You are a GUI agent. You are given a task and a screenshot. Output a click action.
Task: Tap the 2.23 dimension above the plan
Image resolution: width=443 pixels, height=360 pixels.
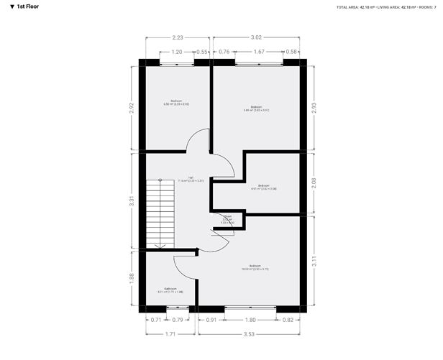(x=176, y=37)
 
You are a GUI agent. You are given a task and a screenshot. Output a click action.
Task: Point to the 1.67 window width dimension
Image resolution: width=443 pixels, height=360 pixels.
(x=260, y=52)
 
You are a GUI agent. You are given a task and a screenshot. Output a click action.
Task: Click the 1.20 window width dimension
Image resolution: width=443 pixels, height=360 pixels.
(x=176, y=52)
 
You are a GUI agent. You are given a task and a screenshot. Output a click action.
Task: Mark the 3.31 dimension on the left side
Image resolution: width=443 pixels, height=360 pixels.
(x=130, y=203)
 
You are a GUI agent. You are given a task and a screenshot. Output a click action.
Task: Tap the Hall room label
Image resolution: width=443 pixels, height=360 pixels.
(x=191, y=179)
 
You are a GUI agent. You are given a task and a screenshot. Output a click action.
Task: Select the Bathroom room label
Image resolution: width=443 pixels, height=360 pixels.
(x=170, y=290)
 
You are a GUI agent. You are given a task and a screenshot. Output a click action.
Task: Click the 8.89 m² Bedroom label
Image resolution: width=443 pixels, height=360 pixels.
(x=255, y=109)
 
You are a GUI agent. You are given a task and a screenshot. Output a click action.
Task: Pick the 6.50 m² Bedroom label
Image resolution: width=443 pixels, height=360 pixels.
(x=176, y=103)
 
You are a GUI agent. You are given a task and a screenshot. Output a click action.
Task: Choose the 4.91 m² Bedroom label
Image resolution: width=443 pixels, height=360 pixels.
(x=264, y=186)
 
